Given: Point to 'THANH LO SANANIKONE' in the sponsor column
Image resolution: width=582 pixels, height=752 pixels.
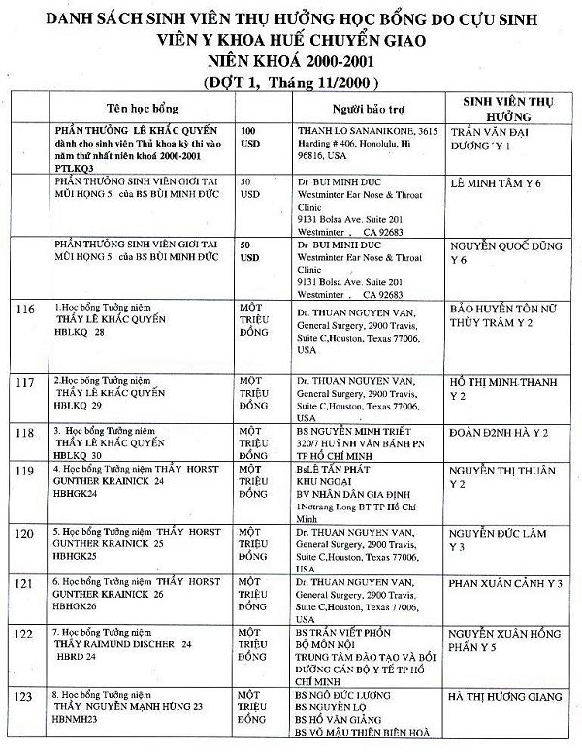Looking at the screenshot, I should coord(351,129).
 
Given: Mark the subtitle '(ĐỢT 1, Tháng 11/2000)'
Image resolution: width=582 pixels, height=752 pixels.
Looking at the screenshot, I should coord(292,82).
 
